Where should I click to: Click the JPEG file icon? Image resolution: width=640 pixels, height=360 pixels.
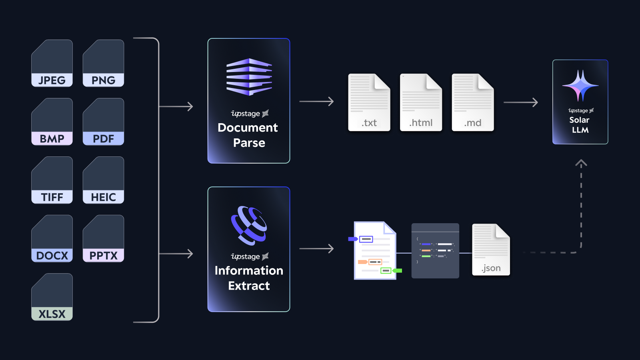click(x=52, y=63)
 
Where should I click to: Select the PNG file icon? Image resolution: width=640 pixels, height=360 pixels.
click(x=103, y=63)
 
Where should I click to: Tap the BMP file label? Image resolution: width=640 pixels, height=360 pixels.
click(x=52, y=139)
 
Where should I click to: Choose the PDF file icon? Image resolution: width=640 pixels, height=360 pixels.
click(x=103, y=122)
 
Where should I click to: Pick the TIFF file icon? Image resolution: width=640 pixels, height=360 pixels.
click(x=52, y=180)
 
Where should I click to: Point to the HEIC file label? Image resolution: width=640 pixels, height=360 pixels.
click(x=103, y=197)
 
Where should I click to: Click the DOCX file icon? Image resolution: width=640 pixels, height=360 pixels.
click(x=52, y=238)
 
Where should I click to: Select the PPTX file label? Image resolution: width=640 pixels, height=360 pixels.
click(x=103, y=256)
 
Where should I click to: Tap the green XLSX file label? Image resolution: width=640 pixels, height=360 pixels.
click(x=52, y=314)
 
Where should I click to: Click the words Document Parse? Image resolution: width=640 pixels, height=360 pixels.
click(x=248, y=135)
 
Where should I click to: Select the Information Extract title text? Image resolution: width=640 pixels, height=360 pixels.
click(x=249, y=278)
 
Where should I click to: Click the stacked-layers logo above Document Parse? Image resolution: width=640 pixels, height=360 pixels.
click(x=249, y=77)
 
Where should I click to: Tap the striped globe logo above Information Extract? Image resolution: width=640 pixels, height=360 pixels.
click(x=249, y=225)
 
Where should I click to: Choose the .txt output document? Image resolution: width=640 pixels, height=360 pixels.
click(x=369, y=102)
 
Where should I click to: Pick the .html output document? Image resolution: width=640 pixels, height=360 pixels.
click(x=421, y=102)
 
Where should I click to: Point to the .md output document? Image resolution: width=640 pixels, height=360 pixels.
click(x=473, y=102)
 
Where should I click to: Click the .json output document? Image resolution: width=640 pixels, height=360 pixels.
click(x=491, y=250)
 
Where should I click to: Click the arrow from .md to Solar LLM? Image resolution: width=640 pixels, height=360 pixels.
click(x=521, y=102)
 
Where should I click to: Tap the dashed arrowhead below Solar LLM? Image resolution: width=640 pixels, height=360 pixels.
click(x=581, y=163)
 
